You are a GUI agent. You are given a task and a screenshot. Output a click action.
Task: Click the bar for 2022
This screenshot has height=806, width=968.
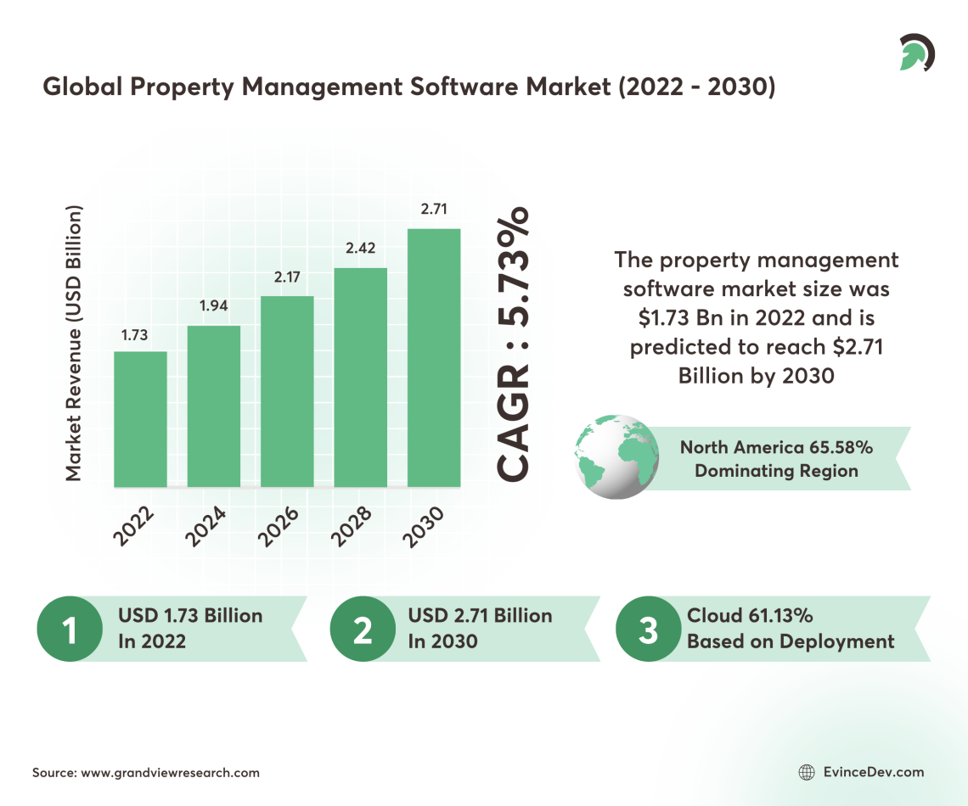(x=140, y=419)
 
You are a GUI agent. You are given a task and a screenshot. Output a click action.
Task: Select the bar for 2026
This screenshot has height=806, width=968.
(x=287, y=391)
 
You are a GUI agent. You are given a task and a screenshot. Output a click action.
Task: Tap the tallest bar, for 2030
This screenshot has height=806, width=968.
(x=434, y=357)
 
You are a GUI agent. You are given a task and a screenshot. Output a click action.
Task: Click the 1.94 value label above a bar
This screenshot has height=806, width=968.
(x=214, y=305)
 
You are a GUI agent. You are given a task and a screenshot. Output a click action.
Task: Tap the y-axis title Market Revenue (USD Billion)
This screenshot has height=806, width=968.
(x=74, y=343)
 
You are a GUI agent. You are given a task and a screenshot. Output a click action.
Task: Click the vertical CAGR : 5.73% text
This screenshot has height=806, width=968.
(x=513, y=343)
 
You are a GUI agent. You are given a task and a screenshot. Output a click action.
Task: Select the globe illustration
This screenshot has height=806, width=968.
(x=617, y=456)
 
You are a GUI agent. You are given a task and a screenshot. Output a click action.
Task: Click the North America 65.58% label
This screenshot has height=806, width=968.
(x=776, y=447)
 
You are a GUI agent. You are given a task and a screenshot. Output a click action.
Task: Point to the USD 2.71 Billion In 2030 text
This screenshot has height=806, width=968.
(x=480, y=628)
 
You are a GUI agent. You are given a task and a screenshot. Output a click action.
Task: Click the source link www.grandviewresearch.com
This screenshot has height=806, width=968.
(x=170, y=773)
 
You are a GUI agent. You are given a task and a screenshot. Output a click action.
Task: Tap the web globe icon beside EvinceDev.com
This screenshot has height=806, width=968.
(x=807, y=772)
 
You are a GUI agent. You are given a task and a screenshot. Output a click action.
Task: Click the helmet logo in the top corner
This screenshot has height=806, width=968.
(x=915, y=53)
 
